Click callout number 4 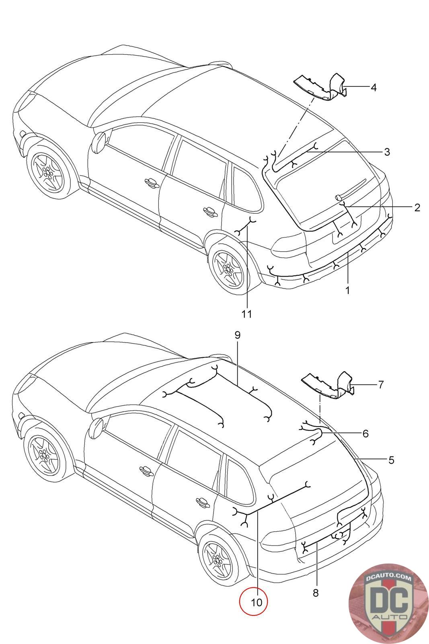click(374, 87)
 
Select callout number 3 click(387, 152)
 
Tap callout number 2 click(417, 207)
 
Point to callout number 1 click(347, 290)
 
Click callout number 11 click(247, 314)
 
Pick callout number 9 click(237, 334)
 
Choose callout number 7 click(381, 384)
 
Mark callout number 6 click(365, 433)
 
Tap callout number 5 click(391, 460)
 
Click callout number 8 click(316, 592)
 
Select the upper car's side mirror click(99, 142)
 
